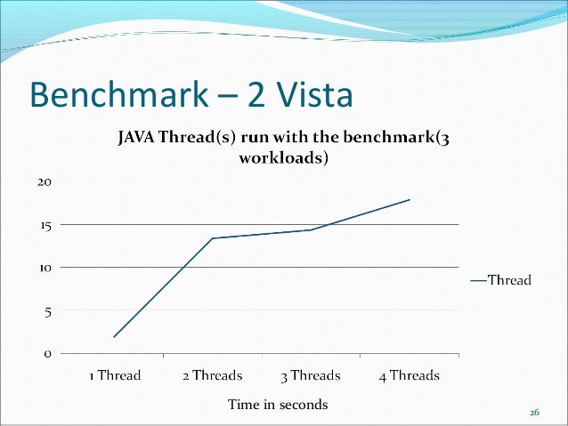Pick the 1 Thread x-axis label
point(115,375)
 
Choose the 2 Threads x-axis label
point(213,375)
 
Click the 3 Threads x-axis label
point(311,375)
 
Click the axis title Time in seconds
point(278,405)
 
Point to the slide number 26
point(534,413)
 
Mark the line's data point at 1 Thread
point(115,337)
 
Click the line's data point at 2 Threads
point(213,238)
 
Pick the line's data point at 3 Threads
point(311,229)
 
